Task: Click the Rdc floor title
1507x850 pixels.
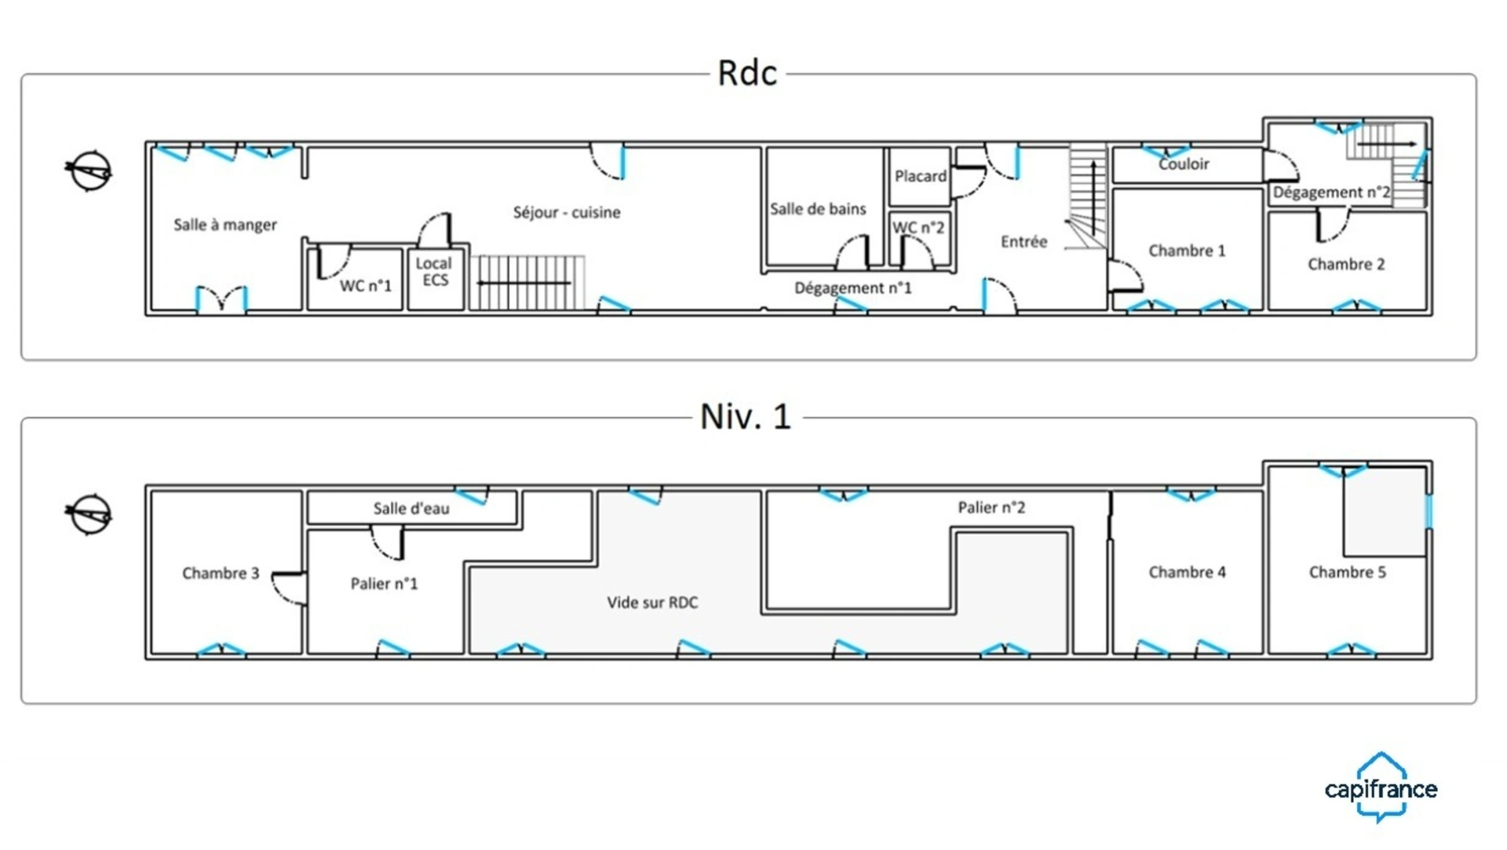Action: pos(746,73)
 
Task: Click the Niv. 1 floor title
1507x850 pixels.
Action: pos(745,416)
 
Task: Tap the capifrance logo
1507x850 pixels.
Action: pos(1381,787)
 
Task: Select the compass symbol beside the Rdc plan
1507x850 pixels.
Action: pos(89,170)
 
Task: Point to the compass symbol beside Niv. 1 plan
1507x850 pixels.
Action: pos(89,515)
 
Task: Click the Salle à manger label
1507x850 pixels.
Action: pos(225,225)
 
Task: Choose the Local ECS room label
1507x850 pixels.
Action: pos(434,272)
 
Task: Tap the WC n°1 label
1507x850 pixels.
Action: pos(365,286)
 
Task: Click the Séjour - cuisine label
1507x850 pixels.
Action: pos(567,212)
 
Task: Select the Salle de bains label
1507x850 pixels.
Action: pos(818,209)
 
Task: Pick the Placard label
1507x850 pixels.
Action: pos(921,176)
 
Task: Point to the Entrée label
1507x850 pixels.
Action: pos(1024,242)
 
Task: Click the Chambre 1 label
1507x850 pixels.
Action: pos(1187,251)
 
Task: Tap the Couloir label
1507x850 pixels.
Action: pos(1184,164)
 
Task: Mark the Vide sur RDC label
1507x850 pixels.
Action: pos(652,603)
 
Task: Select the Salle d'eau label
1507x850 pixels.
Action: pos(411,508)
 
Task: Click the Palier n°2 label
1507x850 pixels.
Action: pos(991,507)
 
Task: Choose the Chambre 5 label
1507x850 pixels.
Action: pos(1348,572)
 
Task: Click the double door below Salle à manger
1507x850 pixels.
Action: pos(221,300)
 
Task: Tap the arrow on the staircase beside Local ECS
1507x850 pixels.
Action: pos(524,283)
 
